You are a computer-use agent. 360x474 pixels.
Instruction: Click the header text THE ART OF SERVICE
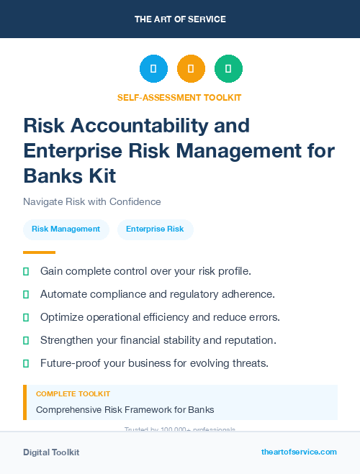pos(180,19)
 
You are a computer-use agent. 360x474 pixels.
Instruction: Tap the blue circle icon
pos(153,69)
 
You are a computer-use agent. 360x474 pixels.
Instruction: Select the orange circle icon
pos(191,69)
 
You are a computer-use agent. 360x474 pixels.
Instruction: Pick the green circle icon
pos(228,69)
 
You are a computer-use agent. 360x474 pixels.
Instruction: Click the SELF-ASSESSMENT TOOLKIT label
pos(179,97)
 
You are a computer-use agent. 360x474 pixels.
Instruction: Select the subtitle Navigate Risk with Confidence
pos(92,201)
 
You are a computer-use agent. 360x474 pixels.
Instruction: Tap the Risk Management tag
pos(66,229)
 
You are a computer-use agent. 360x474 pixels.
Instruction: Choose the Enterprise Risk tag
pos(155,229)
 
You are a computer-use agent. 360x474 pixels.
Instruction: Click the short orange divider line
pos(39,252)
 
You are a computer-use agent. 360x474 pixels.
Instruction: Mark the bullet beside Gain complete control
pos(26,271)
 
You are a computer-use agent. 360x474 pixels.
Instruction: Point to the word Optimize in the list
pos(63,317)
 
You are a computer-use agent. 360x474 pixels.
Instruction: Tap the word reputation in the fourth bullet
pos(251,340)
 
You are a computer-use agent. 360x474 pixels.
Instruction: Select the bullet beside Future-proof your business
pos(26,363)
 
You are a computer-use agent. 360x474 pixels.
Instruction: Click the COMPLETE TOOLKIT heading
pos(73,394)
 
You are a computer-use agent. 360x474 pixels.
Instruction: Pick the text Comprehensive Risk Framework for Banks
pos(125,410)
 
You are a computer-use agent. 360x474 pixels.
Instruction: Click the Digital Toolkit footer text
pos(51,452)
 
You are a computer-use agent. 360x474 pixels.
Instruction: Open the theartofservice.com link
pos(299,452)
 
